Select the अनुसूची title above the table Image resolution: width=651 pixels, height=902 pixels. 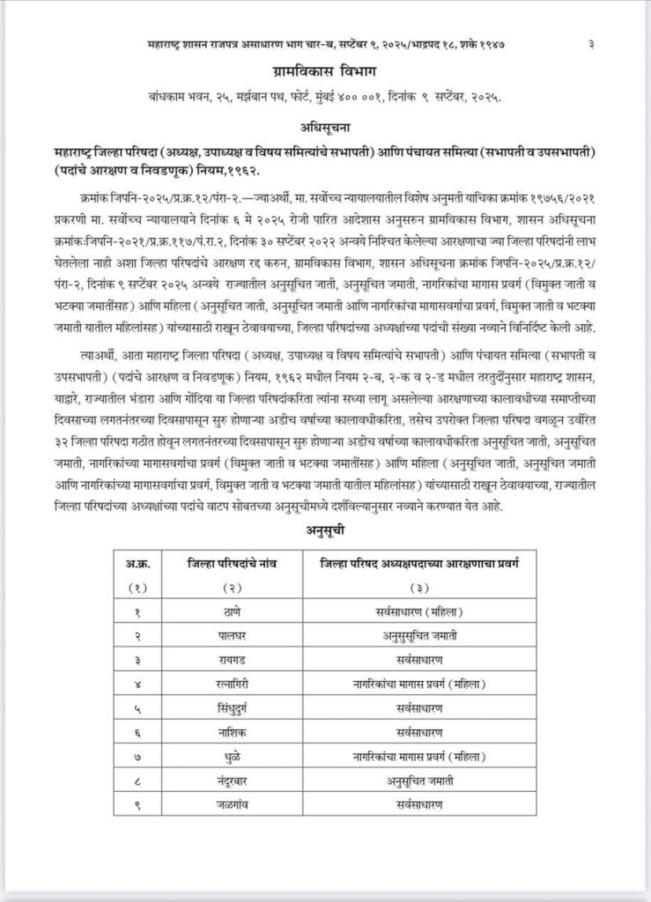coord(327,531)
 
